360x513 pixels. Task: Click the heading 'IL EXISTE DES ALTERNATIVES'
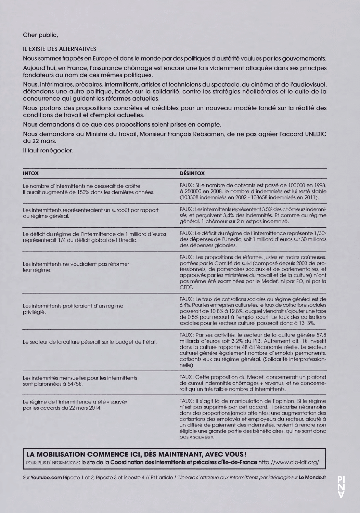click(x=59, y=49)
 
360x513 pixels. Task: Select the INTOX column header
click(x=30, y=173)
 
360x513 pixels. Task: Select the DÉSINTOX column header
click(x=192, y=173)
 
